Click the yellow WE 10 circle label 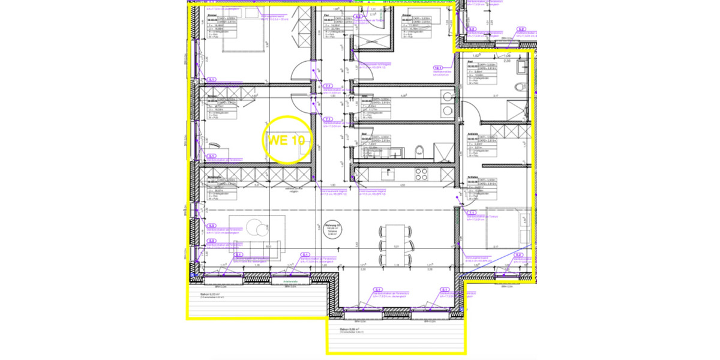287,140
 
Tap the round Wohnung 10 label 328,228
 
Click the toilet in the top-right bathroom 520,87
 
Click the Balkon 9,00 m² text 206,293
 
